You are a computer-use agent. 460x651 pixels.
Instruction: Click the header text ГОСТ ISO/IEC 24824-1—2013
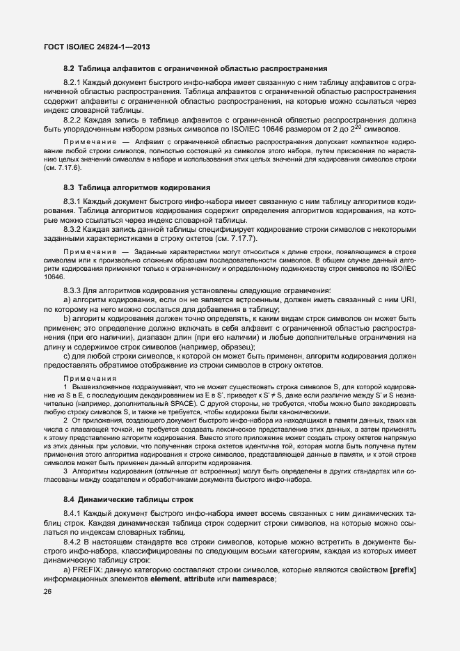(x=97, y=47)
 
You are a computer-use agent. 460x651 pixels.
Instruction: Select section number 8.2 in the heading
(x=69, y=68)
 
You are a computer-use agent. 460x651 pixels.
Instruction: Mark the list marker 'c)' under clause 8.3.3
(x=67, y=356)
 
